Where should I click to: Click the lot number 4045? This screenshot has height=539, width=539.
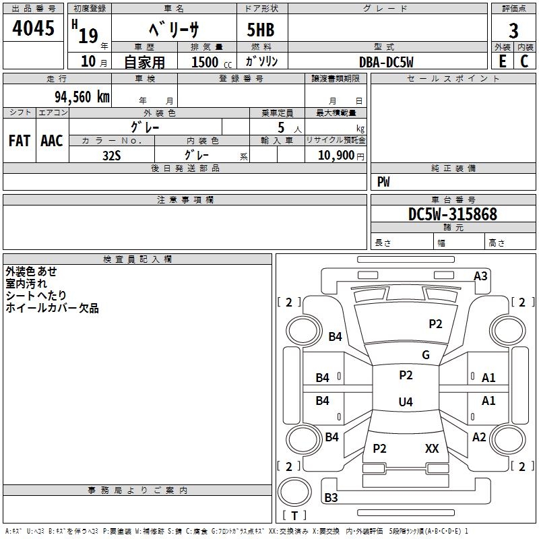[33, 28]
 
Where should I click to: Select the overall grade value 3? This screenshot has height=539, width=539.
[513, 31]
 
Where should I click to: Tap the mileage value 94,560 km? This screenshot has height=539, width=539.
[82, 97]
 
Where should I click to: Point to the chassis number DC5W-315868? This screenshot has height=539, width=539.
[453, 214]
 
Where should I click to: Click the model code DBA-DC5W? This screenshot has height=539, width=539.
[386, 62]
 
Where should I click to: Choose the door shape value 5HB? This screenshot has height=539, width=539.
[261, 30]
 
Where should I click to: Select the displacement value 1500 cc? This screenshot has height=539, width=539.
[212, 62]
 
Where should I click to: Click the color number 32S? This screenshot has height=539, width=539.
[112, 156]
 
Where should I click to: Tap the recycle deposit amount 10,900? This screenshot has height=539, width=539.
[336, 156]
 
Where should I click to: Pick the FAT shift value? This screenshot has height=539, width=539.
[20, 141]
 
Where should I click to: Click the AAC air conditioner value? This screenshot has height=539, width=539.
[52, 141]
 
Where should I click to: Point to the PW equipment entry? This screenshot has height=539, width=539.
[383, 182]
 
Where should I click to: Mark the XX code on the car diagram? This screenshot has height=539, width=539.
[432, 448]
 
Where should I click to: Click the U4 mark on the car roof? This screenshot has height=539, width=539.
[406, 402]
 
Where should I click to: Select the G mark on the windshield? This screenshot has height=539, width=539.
[426, 354]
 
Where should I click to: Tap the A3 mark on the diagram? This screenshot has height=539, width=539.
[480, 276]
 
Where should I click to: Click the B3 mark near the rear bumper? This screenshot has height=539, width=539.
[331, 497]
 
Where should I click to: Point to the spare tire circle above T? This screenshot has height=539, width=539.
[294, 492]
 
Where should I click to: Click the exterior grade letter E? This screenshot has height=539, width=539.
[502, 61]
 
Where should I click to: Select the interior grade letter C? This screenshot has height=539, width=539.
[524, 61]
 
